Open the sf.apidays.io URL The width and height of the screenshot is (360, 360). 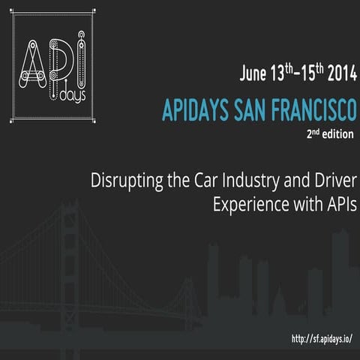click(322, 339)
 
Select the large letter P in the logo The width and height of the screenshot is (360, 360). click(58, 60)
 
